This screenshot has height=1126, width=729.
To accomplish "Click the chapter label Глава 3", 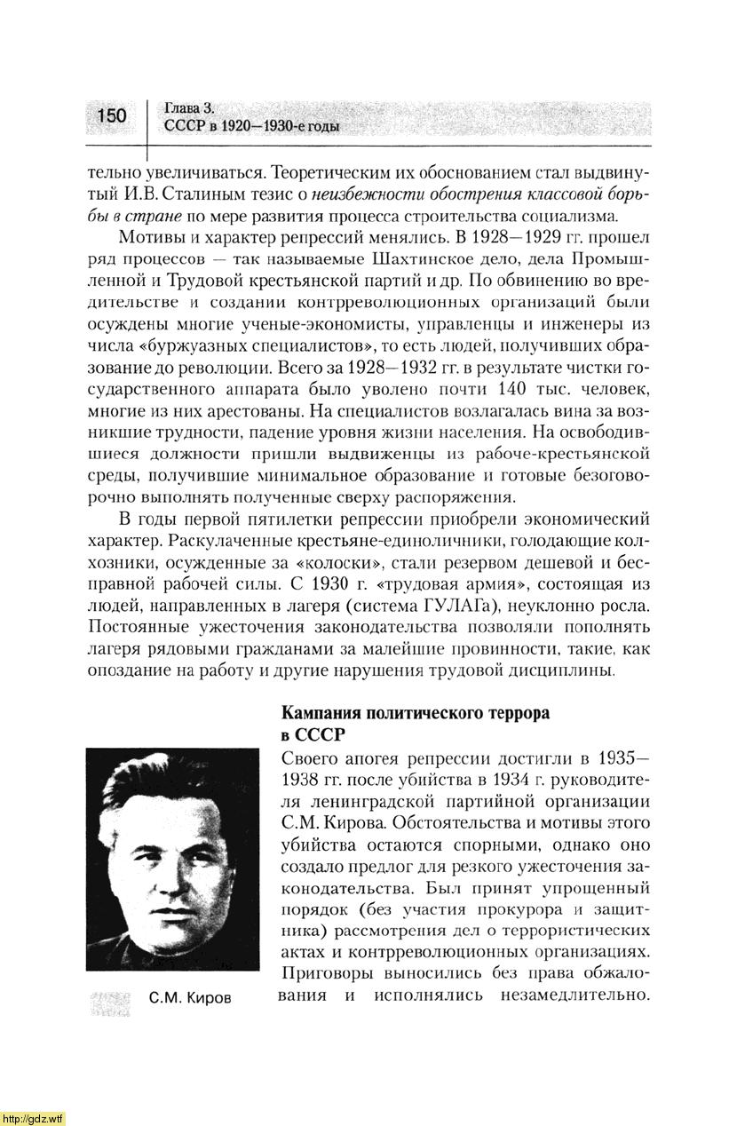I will [190, 107].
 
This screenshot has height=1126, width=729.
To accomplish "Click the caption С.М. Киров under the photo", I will [190, 997].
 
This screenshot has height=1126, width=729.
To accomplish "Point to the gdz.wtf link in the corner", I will [33, 1117].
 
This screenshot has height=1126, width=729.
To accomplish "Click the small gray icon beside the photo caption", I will [110, 1001].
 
